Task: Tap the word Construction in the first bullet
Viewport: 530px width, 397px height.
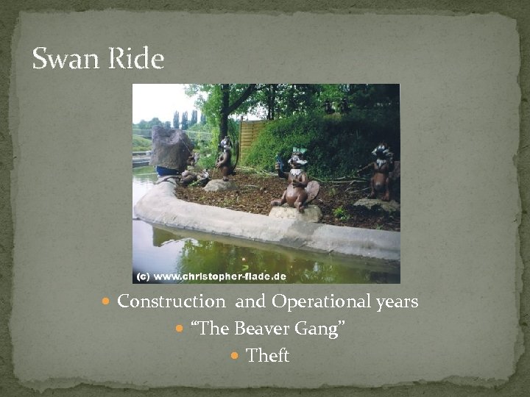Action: [x=172, y=302]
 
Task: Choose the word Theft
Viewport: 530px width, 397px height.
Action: [x=268, y=356]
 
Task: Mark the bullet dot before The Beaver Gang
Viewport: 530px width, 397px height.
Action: [x=181, y=329]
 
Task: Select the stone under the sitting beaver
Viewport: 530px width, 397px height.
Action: [x=295, y=213]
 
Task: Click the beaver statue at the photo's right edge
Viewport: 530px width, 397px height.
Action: [x=381, y=171]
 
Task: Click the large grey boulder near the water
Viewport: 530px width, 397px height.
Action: [x=171, y=149]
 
